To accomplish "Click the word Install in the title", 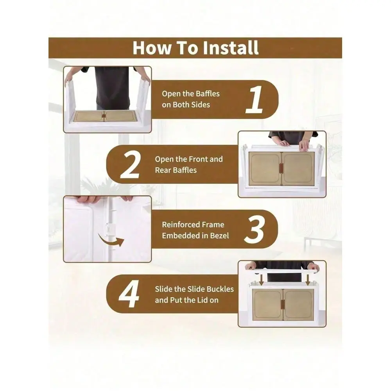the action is (230, 48).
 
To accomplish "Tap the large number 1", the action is (255, 99).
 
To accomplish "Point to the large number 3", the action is (254, 230).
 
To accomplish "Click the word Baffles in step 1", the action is (208, 94).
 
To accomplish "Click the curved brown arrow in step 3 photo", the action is (111, 240).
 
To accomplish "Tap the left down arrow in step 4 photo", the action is (261, 280).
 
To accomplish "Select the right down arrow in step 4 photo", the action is (308, 280).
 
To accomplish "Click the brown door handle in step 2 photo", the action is (281, 169).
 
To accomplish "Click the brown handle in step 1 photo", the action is (104, 116).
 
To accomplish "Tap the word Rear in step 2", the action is (163, 170).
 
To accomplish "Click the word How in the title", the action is (152, 48).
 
